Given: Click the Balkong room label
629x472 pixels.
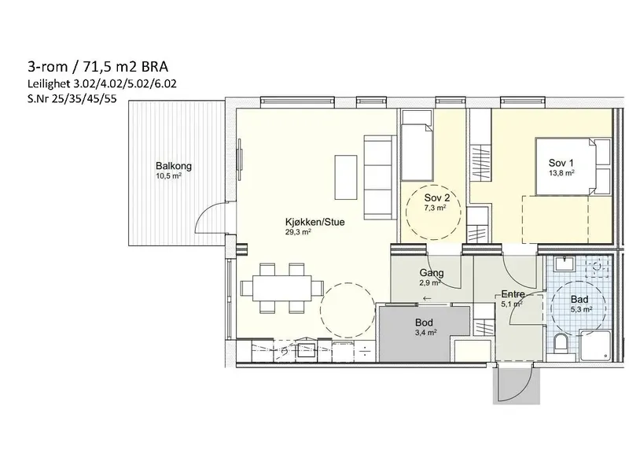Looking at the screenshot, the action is click(174, 166).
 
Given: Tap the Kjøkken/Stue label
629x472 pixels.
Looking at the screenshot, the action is click(315, 222).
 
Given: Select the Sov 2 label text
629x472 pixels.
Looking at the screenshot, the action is click(437, 197).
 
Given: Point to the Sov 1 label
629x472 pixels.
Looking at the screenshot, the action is click(561, 163).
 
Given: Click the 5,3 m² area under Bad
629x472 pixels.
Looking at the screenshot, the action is click(582, 309).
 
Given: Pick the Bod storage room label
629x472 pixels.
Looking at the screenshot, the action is click(424, 323).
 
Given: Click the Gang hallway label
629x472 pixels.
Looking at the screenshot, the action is click(432, 273).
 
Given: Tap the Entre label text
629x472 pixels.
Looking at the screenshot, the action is click(513, 294).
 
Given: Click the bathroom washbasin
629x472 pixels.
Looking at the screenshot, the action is click(565, 264).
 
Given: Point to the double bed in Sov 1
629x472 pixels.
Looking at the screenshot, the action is click(573, 167).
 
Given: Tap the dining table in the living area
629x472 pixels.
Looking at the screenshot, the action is click(282, 288).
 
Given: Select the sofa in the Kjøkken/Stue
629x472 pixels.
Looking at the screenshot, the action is click(380, 178).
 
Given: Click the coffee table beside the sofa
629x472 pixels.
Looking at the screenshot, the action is click(346, 178).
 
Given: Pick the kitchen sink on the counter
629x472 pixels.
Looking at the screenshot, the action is click(307, 349).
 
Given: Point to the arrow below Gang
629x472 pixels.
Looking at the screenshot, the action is click(427, 298).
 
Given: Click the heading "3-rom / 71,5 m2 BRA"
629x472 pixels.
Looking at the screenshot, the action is click(97, 66).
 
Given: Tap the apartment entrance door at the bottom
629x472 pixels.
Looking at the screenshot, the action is click(516, 384).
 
